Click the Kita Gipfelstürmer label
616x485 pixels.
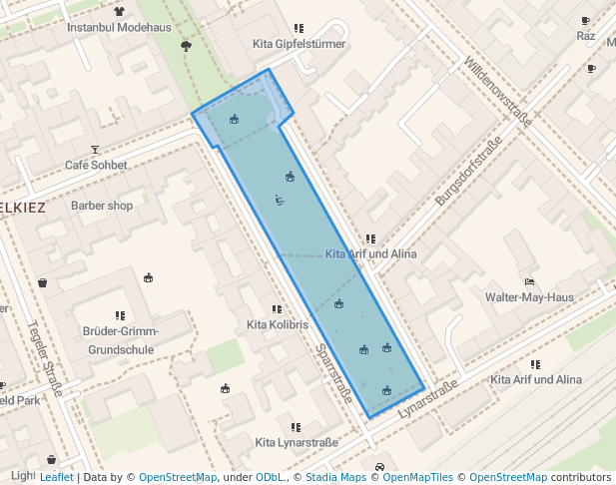click(x=300, y=44)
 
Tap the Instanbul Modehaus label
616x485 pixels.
click(x=119, y=27)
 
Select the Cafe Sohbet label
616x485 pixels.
click(x=96, y=165)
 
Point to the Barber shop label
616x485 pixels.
click(x=102, y=206)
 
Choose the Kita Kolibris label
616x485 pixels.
click(x=278, y=325)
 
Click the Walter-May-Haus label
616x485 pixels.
click(x=529, y=297)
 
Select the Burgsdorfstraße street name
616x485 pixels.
click(x=467, y=172)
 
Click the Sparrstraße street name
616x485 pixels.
click(x=333, y=374)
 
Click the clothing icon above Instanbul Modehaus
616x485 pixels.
click(x=120, y=12)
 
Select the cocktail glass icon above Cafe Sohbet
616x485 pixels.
click(x=96, y=149)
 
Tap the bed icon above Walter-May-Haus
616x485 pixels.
click(x=529, y=281)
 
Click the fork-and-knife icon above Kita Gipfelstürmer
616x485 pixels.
click(x=299, y=28)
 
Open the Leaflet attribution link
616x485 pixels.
click(x=56, y=477)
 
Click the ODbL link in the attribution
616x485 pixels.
click(x=270, y=477)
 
